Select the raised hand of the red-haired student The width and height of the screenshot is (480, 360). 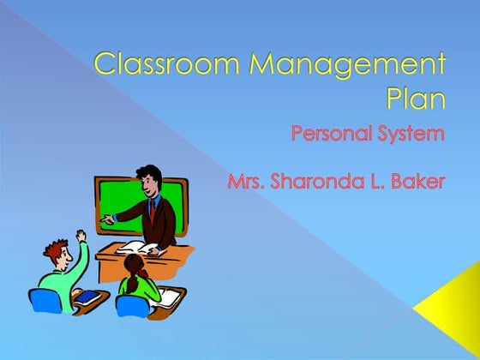[80, 234]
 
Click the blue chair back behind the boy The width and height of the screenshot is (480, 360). [42, 301]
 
